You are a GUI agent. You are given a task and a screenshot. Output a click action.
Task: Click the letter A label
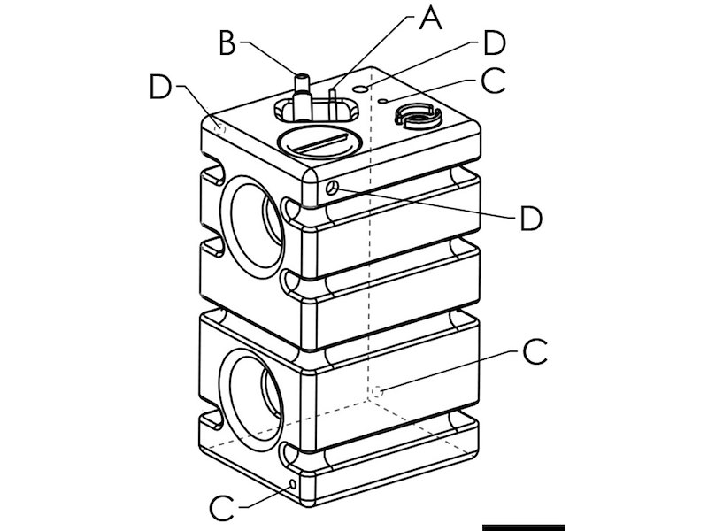430,18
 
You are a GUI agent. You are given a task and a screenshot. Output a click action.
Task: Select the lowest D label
530,218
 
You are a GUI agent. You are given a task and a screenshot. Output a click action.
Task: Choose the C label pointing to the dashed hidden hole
534,352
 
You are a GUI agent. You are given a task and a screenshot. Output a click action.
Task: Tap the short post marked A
333,100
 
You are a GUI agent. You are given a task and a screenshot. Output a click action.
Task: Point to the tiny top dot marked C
382,102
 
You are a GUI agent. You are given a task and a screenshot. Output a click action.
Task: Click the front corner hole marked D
331,188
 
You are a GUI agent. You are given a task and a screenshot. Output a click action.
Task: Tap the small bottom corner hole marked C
293,483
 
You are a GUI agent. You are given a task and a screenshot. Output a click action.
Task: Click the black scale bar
522,527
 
